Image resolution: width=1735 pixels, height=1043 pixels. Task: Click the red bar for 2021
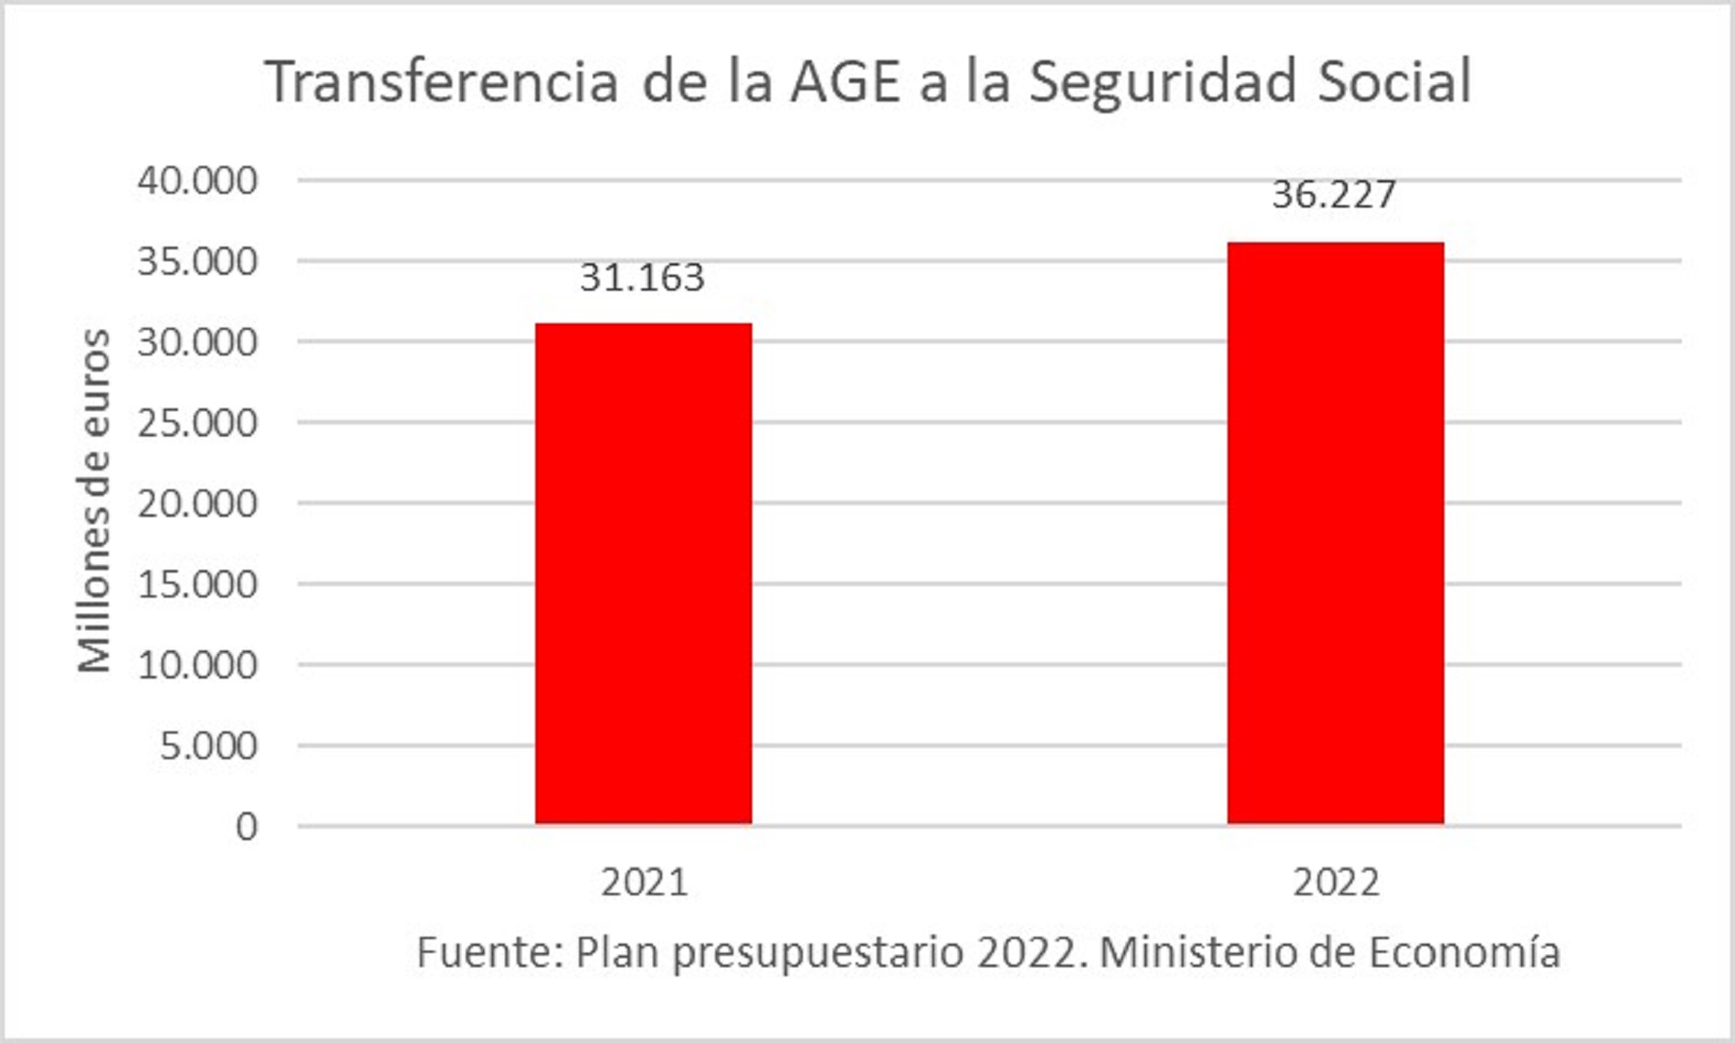643,574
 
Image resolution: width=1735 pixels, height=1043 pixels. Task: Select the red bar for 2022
1335,533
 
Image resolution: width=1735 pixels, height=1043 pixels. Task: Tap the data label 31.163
642,278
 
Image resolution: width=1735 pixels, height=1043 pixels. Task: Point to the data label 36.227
1334,195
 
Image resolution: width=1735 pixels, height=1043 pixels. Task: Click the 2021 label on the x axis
644,882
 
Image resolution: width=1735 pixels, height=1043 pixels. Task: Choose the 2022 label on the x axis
1336,882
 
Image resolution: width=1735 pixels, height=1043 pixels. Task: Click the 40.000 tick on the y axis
197,181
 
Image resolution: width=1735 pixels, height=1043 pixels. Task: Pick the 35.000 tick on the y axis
197,262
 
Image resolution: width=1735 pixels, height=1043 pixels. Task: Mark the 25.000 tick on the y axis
197,423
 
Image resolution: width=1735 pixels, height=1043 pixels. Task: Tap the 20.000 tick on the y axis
197,503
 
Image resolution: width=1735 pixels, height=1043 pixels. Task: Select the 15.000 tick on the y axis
197,585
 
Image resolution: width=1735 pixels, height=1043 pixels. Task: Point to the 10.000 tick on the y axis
197,665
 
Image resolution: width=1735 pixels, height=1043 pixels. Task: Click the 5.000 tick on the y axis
208,746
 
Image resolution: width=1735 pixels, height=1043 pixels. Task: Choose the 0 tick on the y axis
247,827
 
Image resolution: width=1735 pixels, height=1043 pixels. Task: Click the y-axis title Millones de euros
94,500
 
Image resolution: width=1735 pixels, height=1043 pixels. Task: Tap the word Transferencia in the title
442,81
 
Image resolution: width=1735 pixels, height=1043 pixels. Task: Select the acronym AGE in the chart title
846,81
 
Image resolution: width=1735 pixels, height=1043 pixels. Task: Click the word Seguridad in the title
1162,81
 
